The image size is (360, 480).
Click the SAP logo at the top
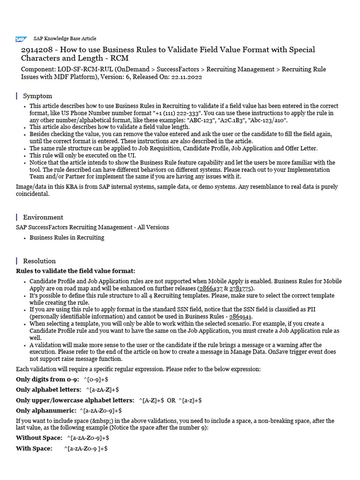point(21,39)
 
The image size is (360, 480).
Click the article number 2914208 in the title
point(38,50)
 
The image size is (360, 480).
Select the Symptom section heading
point(37,96)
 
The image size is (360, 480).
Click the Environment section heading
point(43,217)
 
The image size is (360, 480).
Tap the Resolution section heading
point(39,261)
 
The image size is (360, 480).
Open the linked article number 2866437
point(211,288)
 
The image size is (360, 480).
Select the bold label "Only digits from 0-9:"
point(47,380)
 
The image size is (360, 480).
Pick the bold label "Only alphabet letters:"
point(48,390)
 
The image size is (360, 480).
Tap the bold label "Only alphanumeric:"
point(45,411)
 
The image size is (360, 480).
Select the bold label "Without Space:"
point(39,438)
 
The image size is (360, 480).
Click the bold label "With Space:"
point(34,449)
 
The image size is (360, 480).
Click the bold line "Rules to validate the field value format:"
point(75,271)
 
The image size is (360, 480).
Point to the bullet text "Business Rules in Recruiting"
point(67,238)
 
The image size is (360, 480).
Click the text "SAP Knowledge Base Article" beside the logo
point(65,39)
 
